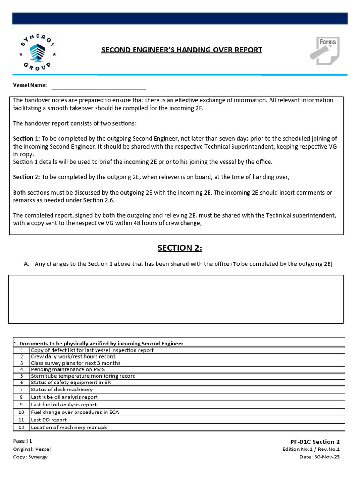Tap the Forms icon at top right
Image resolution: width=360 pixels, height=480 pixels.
324,51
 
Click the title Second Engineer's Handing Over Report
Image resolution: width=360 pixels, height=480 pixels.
182,50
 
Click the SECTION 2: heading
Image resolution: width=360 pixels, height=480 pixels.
180,248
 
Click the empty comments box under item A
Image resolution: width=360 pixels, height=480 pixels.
176,299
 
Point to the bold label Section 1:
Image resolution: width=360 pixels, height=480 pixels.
26,139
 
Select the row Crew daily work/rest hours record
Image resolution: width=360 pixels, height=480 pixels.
74,356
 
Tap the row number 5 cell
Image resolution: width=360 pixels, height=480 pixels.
21,376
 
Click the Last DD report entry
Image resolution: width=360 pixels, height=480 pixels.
49,420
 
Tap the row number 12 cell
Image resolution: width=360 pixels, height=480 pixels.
21,427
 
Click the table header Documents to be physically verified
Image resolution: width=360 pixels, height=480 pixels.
98,343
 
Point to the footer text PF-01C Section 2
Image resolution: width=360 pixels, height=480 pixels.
315,442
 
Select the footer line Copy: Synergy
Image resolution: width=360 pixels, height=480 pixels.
30,457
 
